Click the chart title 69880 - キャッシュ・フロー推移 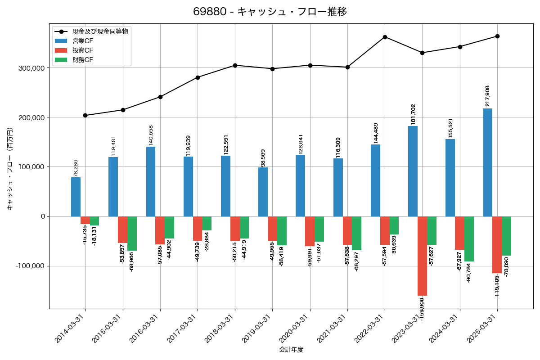[270, 12]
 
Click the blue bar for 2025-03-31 [488, 162]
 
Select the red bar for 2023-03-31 [422, 256]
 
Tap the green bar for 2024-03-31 [469, 239]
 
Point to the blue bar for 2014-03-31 [76, 197]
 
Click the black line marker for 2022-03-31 [385, 37]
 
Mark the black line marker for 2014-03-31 [85, 115]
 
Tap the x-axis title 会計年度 [291, 350]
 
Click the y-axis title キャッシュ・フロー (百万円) [10, 169]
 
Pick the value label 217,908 [488, 96]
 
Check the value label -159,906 [422, 310]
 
